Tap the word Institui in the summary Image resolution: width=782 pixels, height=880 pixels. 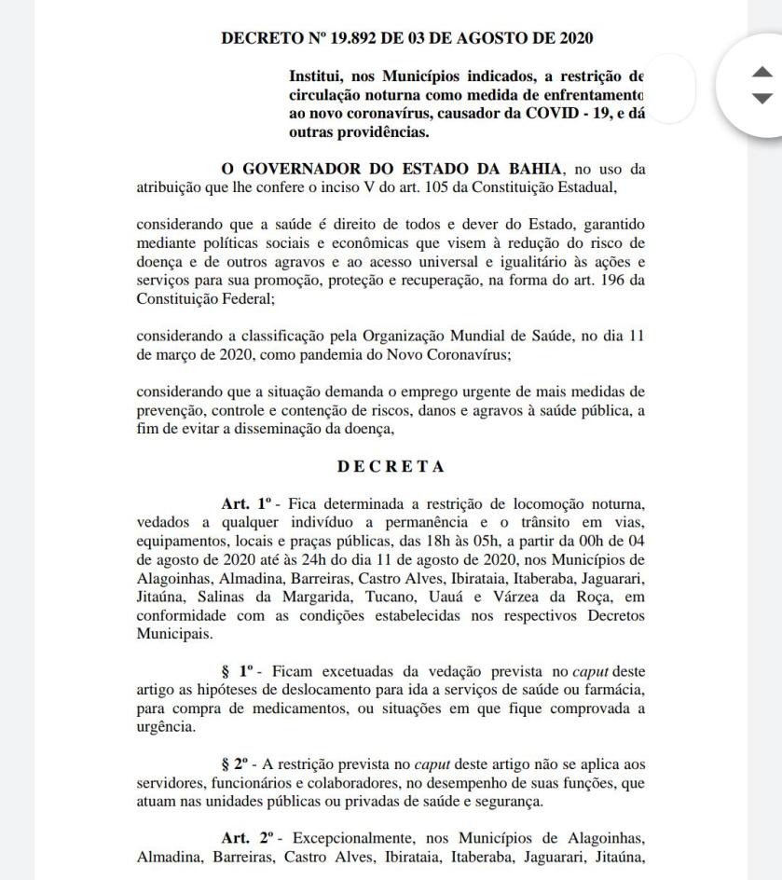(315, 76)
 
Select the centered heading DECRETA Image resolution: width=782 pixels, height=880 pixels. (391, 466)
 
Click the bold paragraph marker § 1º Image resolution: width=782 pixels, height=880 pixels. (239, 671)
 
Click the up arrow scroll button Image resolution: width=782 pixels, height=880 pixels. (762, 72)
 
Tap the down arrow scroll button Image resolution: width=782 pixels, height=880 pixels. (762, 99)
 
